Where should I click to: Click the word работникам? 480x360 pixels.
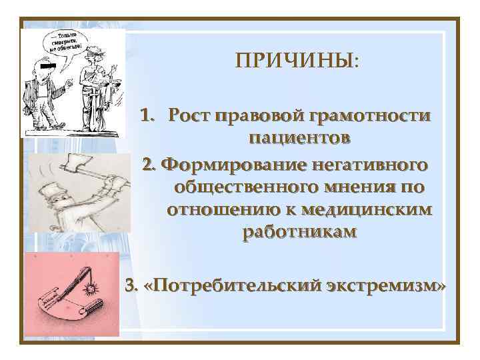[299, 233]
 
